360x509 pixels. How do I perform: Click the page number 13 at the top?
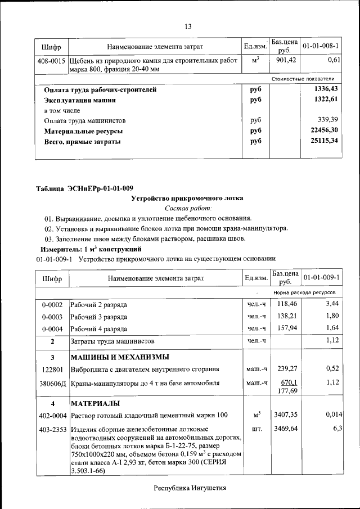(x=188, y=26)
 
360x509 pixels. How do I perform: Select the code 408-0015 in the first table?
(x=52, y=60)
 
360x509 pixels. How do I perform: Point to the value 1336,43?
(x=326, y=89)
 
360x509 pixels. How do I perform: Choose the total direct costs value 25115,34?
(x=326, y=141)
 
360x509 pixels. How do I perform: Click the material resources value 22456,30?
(x=326, y=131)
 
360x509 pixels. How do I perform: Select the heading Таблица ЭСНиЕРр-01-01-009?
(x=84, y=188)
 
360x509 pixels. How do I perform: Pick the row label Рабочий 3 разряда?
(x=98, y=317)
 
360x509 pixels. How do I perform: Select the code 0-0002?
(x=52, y=305)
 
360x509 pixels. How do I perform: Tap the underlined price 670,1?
(x=285, y=382)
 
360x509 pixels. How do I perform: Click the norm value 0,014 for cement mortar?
(x=334, y=415)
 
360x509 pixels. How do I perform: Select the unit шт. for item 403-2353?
(x=256, y=429)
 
